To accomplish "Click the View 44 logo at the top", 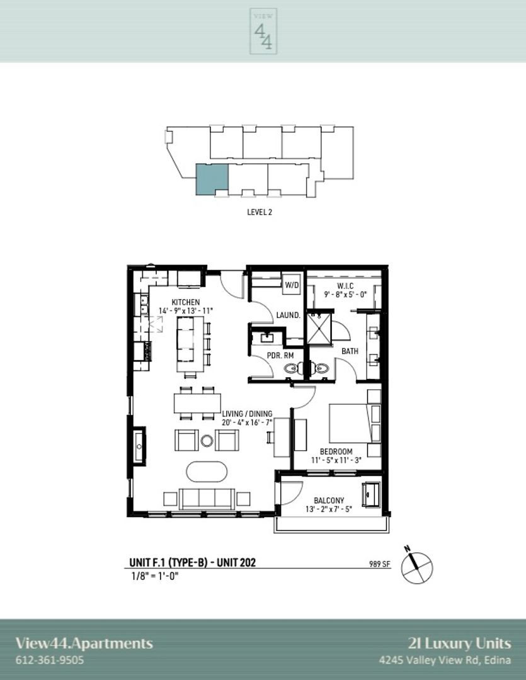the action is (x=263, y=31).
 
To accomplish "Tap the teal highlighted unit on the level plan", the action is (x=212, y=179).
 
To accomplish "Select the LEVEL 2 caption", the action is (x=260, y=212).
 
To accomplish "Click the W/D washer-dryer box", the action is (x=292, y=285).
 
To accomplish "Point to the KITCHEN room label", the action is (x=186, y=302).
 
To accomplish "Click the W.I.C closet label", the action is (x=345, y=286).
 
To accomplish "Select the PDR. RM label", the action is (x=280, y=356).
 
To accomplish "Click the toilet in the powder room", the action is (x=292, y=368).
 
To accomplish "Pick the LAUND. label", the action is (x=289, y=315).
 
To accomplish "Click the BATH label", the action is (x=350, y=351).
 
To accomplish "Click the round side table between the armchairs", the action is (x=207, y=441).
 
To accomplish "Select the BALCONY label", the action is (x=329, y=501).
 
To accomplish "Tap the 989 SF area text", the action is (x=380, y=564).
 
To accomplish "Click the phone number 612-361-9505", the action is (x=50, y=660).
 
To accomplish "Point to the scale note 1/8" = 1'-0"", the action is (x=155, y=576).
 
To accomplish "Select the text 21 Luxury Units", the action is (x=459, y=643).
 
